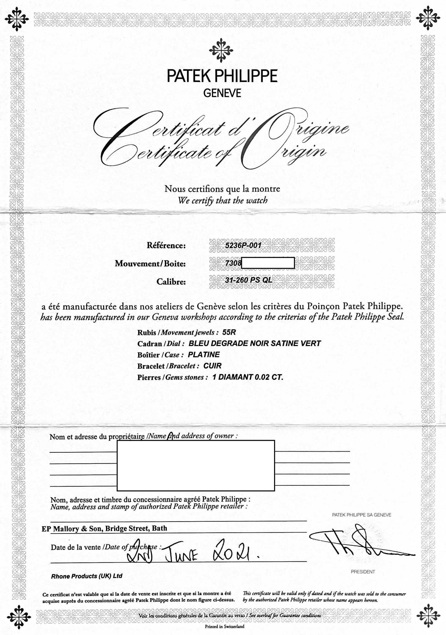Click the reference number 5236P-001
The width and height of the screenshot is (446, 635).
243,245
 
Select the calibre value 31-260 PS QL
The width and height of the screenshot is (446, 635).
249,280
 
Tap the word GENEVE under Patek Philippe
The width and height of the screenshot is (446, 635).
222,93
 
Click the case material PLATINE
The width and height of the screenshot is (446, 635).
204,355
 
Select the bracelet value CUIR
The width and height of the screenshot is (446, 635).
212,366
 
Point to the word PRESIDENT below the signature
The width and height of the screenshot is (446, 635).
363,572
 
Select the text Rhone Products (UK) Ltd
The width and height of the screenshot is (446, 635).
86,576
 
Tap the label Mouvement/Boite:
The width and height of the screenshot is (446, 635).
150,263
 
